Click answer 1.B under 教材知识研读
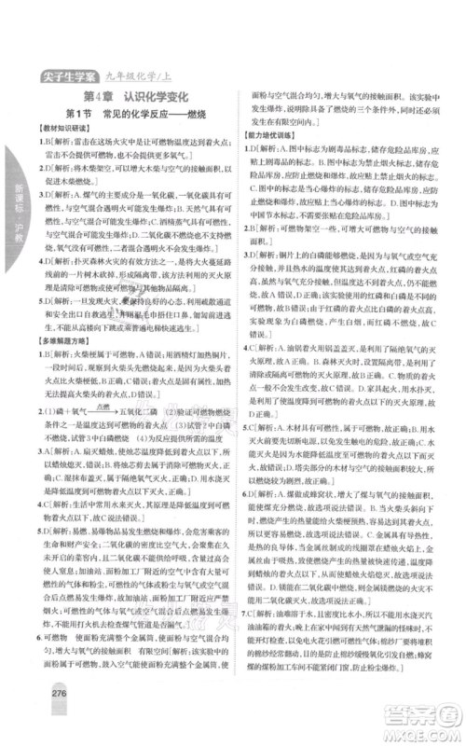(x=43, y=153)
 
